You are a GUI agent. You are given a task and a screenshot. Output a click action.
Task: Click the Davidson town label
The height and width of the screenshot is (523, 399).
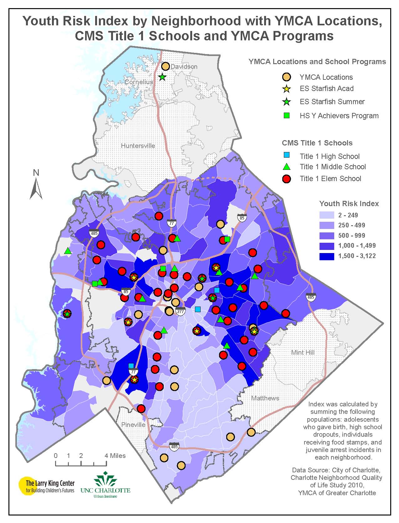184,67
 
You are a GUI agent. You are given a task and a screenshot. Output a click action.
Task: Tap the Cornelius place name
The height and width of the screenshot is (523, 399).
139,82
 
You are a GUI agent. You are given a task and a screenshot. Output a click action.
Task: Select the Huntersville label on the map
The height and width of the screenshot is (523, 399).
138,146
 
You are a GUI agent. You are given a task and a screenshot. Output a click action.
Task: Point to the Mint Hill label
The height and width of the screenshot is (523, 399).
303,353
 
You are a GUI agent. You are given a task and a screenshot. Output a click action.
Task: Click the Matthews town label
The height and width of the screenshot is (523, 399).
265,398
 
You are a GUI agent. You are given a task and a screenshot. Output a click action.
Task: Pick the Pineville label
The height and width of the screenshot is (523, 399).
133,425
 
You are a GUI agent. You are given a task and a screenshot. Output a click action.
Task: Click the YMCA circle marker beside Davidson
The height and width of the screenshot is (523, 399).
165,66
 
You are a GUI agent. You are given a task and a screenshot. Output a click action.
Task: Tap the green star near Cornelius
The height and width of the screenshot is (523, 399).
162,77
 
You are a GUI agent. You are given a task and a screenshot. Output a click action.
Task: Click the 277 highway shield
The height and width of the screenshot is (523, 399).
181,312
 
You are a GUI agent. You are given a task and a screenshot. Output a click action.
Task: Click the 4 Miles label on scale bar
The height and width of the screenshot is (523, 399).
115,456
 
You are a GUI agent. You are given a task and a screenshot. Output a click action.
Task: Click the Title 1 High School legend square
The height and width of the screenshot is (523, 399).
286,155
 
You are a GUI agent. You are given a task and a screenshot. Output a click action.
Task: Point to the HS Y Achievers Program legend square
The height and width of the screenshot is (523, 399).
286,116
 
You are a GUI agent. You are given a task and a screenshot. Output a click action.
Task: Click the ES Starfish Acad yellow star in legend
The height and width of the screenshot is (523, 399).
286,89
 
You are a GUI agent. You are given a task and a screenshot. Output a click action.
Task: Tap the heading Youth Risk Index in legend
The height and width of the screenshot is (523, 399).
349,204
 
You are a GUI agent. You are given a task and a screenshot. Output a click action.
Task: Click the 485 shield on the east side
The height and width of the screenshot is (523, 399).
310,297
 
